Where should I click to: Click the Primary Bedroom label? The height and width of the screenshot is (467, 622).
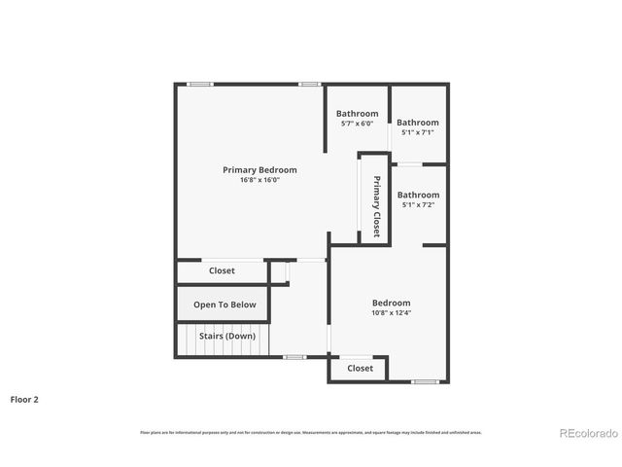pyautogui.click(x=259, y=169)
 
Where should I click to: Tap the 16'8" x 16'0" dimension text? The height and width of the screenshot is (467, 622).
pyautogui.click(x=259, y=180)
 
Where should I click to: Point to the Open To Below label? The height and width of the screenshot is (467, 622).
pyautogui.click(x=225, y=305)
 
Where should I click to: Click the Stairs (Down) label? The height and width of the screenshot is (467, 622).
pyautogui.click(x=227, y=336)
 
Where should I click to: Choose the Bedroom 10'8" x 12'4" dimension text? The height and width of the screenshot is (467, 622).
pyautogui.click(x=392, y=312)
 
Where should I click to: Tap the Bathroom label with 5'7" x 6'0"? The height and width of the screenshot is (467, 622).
pyautogui.click(x=358, y=114)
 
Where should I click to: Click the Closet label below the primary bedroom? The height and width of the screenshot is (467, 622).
pyautogui.click(x=222, y=270)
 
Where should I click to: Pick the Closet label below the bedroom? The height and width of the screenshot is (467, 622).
pyautogui.click(x=361, y=368)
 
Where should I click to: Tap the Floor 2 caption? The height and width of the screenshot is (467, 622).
pyautogui.click(x=24, y=399)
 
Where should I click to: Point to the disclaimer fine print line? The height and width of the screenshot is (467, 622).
pyautogui.click(x=310, y=432)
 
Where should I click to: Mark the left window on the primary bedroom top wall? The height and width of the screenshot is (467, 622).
pyautogui.click(x=200, y=85)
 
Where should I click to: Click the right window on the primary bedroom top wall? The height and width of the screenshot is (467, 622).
pyautogui.click(x=310, y=85)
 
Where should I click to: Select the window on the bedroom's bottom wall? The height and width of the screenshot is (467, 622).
pyautogui.click(x=425, y=381)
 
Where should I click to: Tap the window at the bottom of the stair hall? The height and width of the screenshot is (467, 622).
pyautogui.click(x=294, y=357)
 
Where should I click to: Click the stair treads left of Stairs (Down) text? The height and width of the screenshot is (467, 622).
pyautogui.click(x=187, y=341)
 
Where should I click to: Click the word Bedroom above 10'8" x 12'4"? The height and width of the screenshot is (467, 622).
pyautogui.click(x=392, y=303)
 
